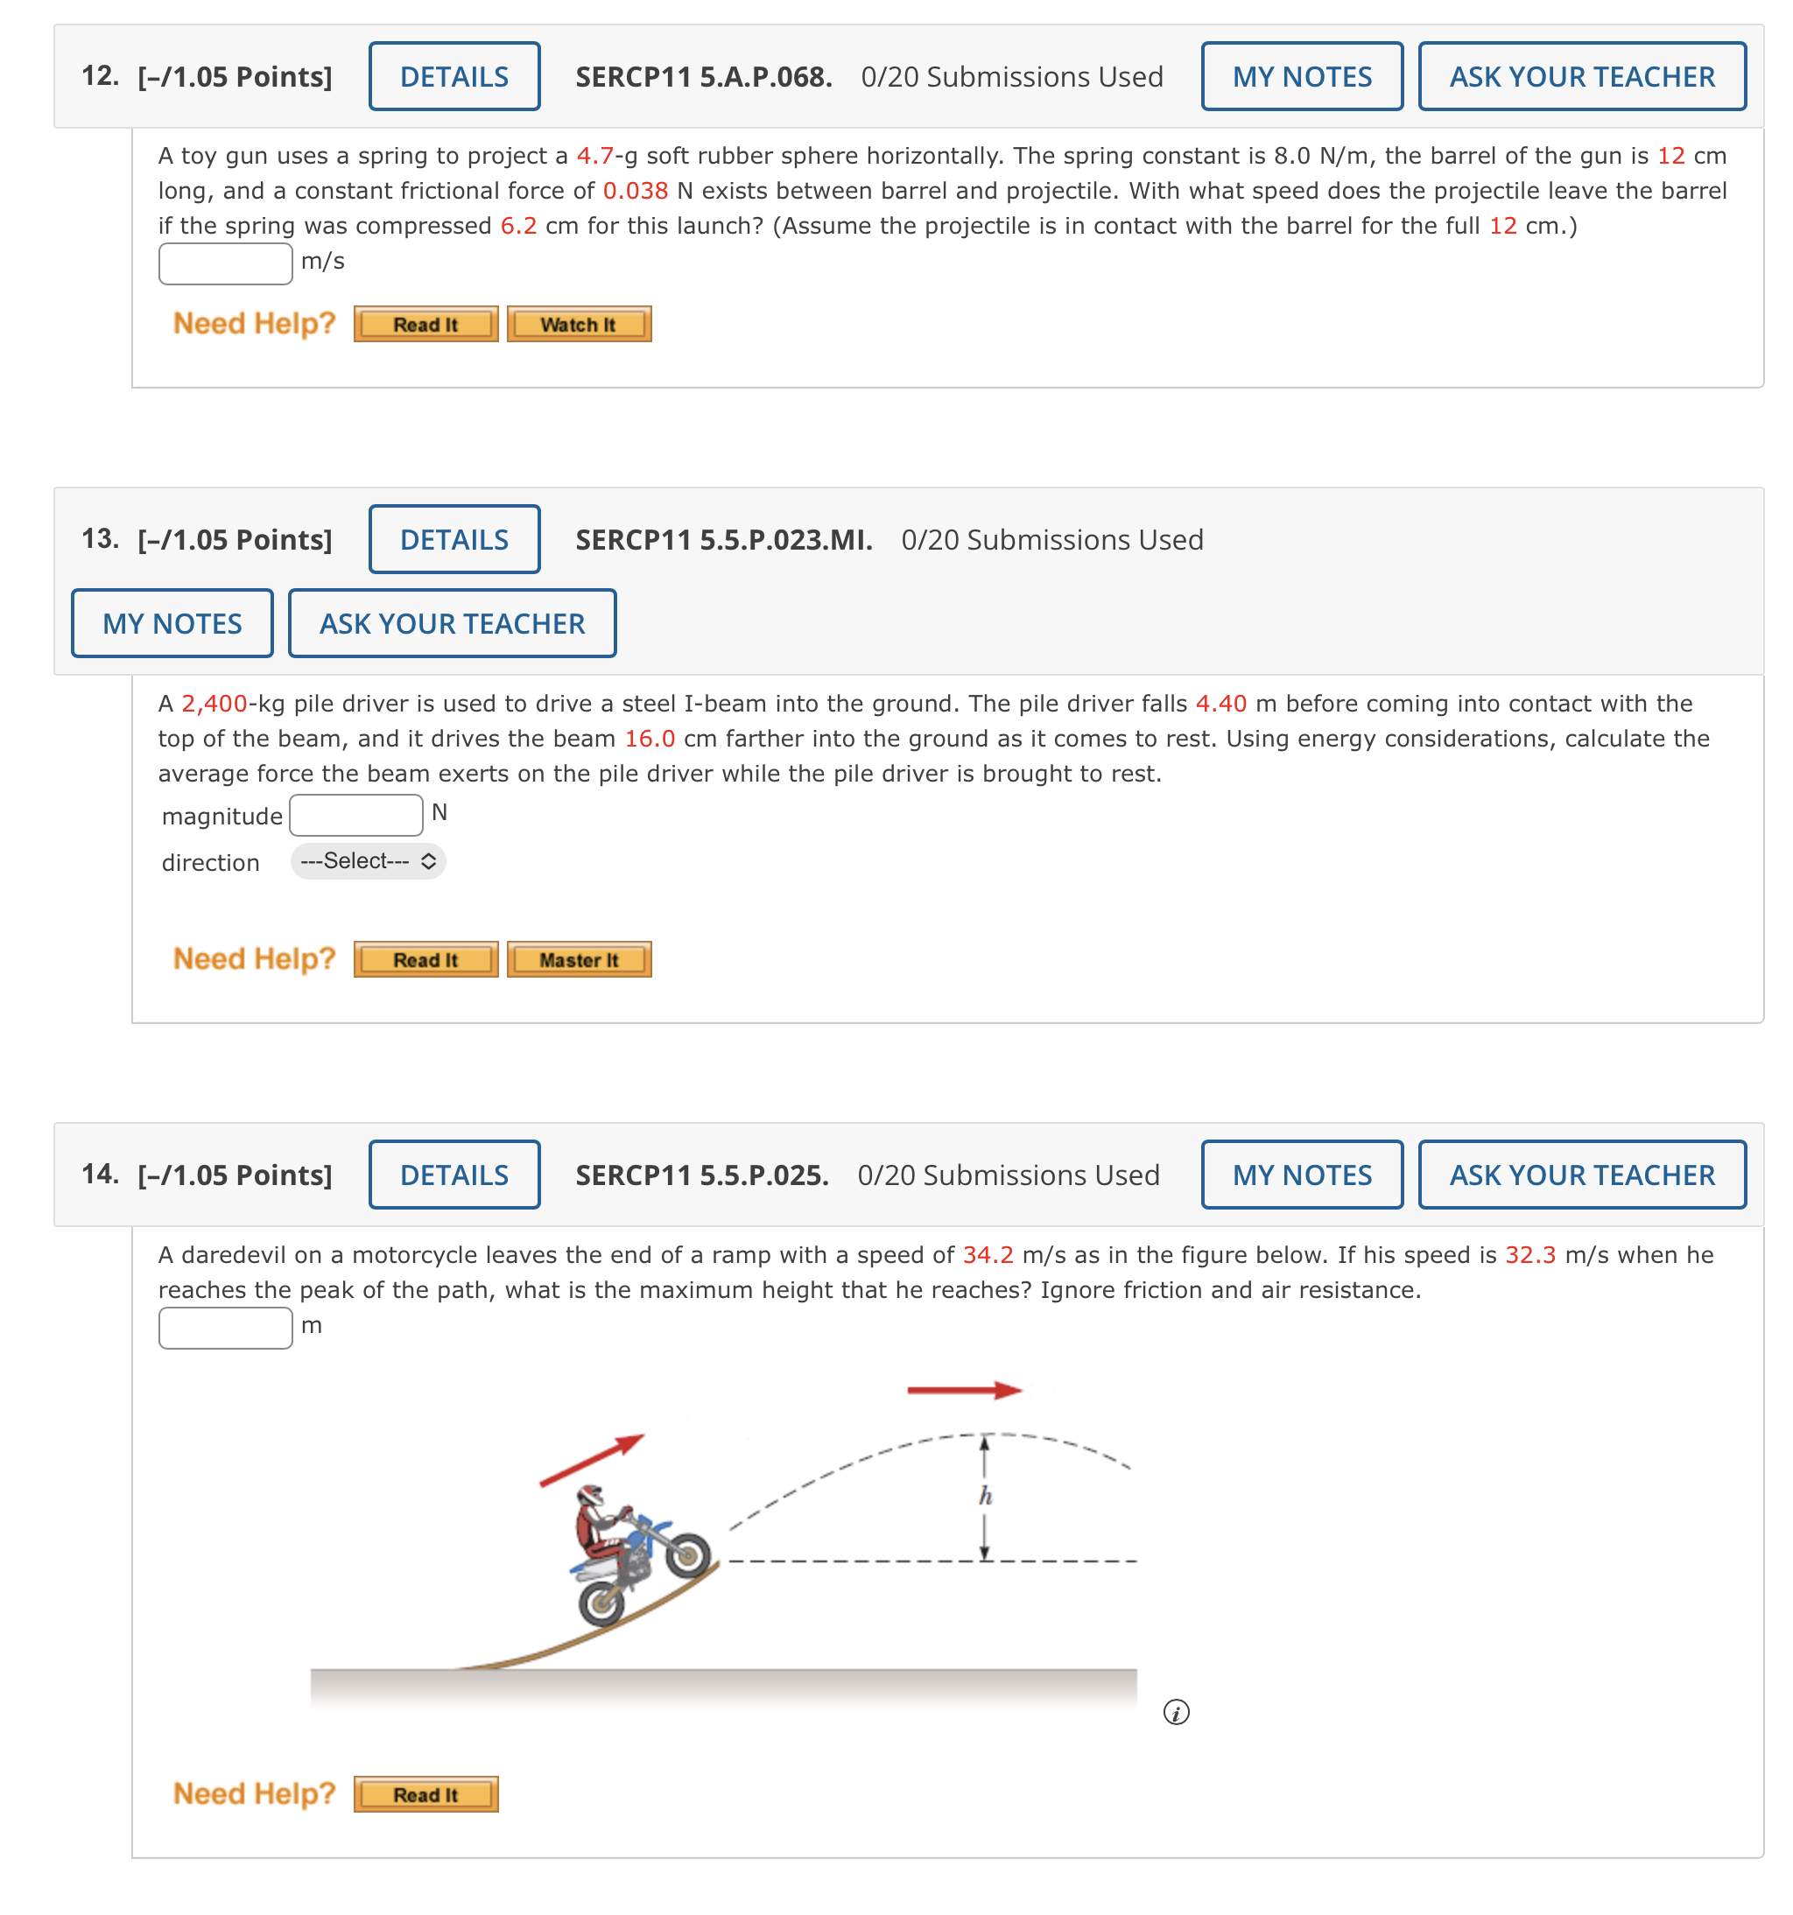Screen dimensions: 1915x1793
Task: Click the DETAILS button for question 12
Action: pyautogui.click(x=454, y=76)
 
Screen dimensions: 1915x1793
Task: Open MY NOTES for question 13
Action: pyautogui.click(x=172, y=623)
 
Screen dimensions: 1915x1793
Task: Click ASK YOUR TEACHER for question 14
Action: pyautogui.click(x=1581, y=1175)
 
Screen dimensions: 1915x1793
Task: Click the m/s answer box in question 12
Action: pyautogui.click(x=226, y=263)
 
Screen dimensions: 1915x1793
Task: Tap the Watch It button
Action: pyautogui.click(x=578, y=325)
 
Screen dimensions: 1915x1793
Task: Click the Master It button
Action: pyautogui.click(x=578, y=959)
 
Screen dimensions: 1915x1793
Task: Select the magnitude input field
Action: pyautogui.click(x=355, y=815)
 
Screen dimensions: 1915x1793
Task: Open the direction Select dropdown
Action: pyautogui.click(x=368, y=860)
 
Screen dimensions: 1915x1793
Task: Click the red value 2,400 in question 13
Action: pyautogui.click(x=214, y=703)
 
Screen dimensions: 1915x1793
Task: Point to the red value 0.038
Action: pyautogui.click(x=635, y=191)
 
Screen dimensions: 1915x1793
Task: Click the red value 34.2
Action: pyautogui.click(x=988, y=1254)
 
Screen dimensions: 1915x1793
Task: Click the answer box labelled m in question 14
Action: pyautogui.click(x=226, y=1328)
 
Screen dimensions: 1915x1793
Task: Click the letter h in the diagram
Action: pyautogui.click(x=985, y=1495)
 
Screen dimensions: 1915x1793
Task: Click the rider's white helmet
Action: pyautogui.click(x=589, y=1494)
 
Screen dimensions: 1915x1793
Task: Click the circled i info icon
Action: pyautogui.click(x=1176, y=1712)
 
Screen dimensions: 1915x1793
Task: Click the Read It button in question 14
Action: pyautogui.click(x=425, y=1793)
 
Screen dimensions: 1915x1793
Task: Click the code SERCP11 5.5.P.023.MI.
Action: pyautogui.click(x=723, y=539)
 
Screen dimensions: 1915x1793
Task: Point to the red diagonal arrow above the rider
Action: pyautogui.click(x=591, y=1459)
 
